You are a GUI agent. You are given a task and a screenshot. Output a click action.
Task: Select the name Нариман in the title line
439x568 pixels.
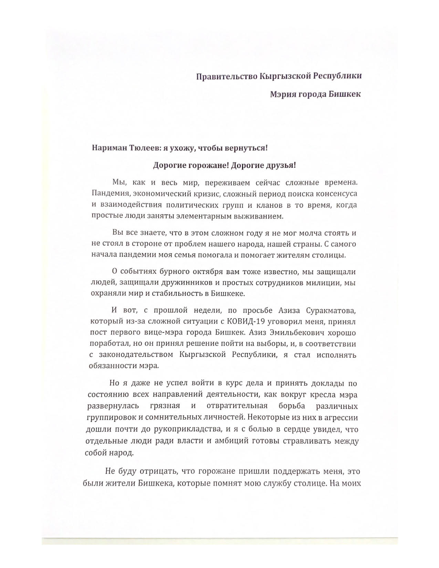[107, 148]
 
